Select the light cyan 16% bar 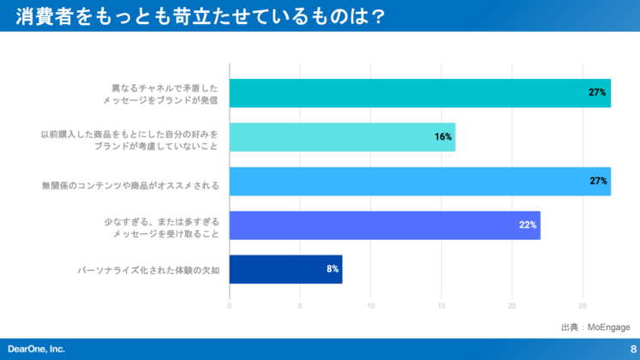[342, 137]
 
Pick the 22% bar [385, 225]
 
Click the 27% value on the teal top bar [598, 93]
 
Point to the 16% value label [443, 137]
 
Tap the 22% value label [528, 225]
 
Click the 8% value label [332, 269]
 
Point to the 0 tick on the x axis [230, 305]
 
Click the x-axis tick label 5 [300, 305]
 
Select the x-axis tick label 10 [371, 305]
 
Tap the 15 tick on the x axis [441, 305]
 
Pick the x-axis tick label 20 [511, 305]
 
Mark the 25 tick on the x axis [583, 305]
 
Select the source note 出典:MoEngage [595, 327]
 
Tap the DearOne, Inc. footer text [36, 349]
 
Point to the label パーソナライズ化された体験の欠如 [148, 270]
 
